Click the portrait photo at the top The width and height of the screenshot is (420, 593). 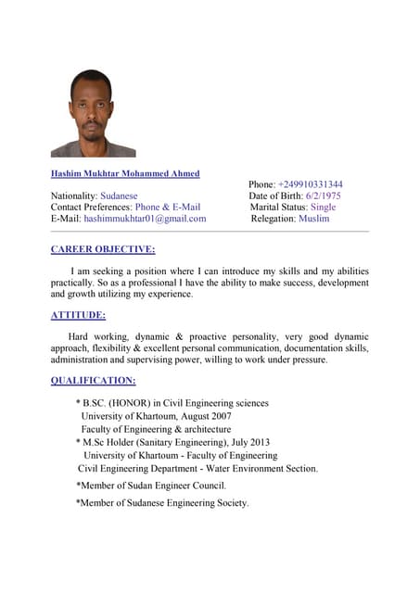[93, 113]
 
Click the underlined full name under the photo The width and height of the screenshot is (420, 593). [125, 173]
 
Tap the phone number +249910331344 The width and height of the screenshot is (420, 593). [310, 184]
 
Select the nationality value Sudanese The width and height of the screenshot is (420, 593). [119, 196]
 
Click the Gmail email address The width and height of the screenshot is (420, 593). [145, 219]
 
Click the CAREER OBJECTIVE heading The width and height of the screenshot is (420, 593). [103, 249]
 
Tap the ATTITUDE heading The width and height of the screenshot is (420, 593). [78, 315]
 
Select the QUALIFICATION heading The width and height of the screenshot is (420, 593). [93, 381]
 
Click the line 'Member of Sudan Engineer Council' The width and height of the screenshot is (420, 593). [152, 485]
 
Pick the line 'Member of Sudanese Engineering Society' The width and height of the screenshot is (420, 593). [163, 502]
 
